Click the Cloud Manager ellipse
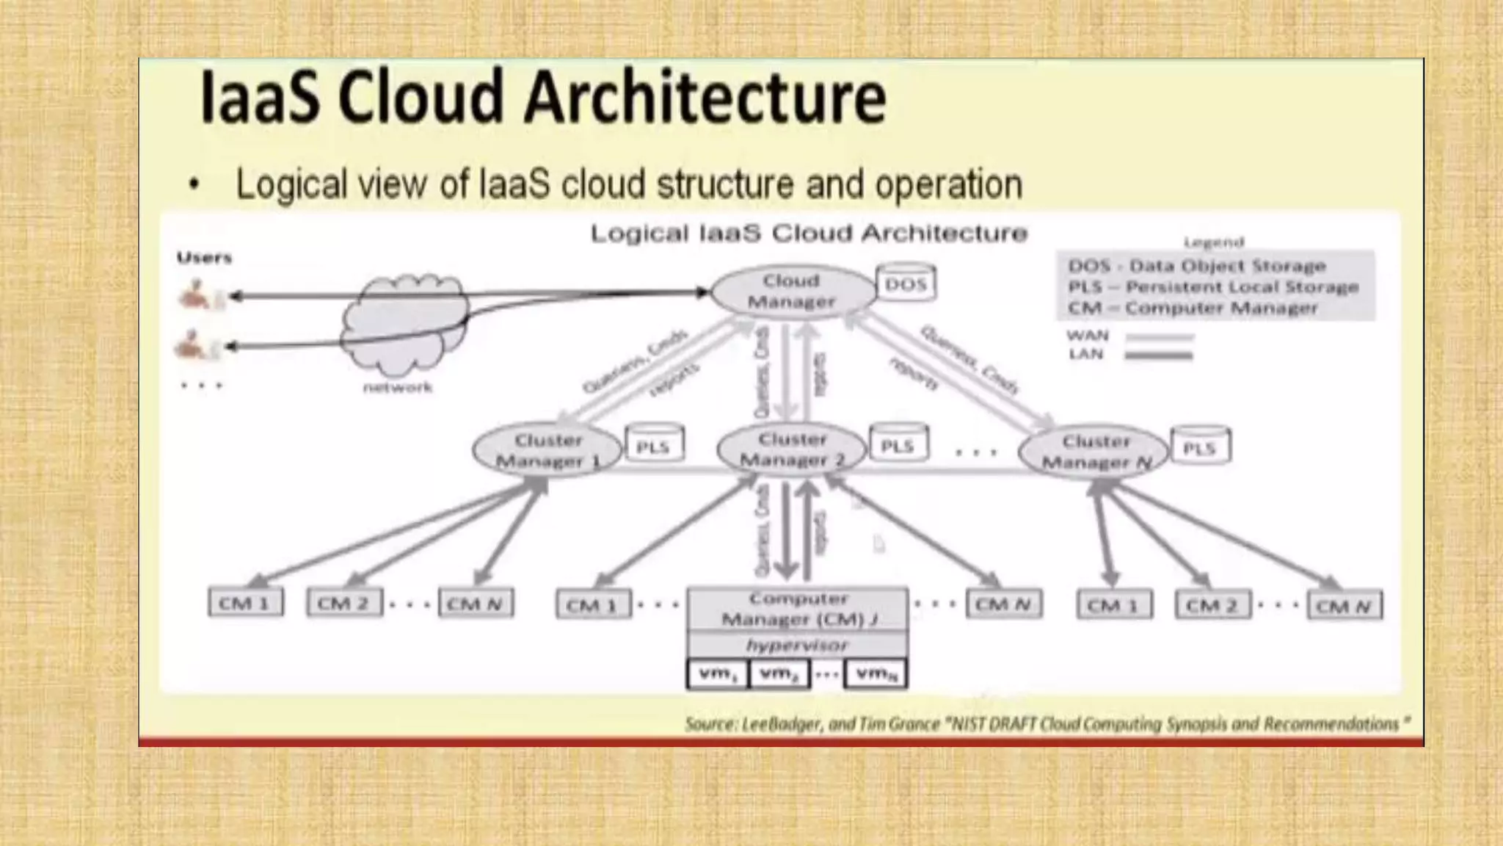(x=791, y=291)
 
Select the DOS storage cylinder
(x=906, y=283)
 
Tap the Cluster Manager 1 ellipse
(x=547, y=450)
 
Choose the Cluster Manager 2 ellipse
(x=792, y=449)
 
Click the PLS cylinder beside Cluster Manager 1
(x=653, y=445)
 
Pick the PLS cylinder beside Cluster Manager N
(x=1200, y=446)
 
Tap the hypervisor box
(x=797, y=646)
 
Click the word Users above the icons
(x=204, y=258)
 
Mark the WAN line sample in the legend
(x=1159, y=338)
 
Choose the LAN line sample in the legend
(x=1159, y=356)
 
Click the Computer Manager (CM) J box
(x=797, y=610)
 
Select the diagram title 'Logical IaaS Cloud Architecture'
(x=809, y=234)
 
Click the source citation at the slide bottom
(x=1047, y=724)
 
